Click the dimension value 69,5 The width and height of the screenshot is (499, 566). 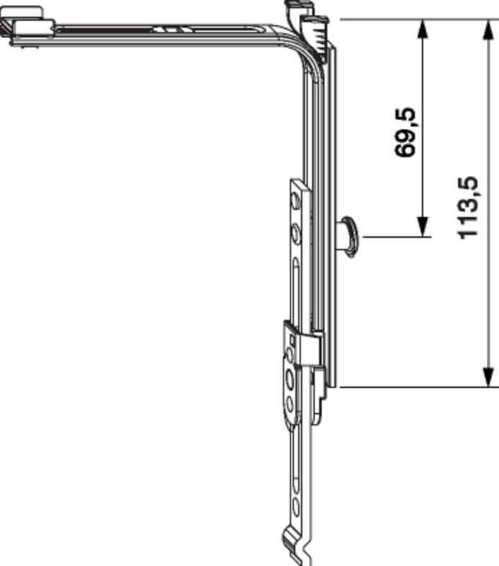[405, 132]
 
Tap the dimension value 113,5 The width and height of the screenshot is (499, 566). [468, 207]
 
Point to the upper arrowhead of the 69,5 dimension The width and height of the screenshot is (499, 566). [423, 29]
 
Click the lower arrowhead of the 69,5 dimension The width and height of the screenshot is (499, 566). [423, 227]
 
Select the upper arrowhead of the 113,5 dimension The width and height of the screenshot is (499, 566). [488, 29]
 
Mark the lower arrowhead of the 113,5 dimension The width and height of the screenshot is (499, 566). [488, 378]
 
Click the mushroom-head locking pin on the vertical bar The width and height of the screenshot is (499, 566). [348, 237]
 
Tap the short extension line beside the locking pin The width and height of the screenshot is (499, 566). [397, 237]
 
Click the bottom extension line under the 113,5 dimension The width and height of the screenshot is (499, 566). [419, 387]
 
